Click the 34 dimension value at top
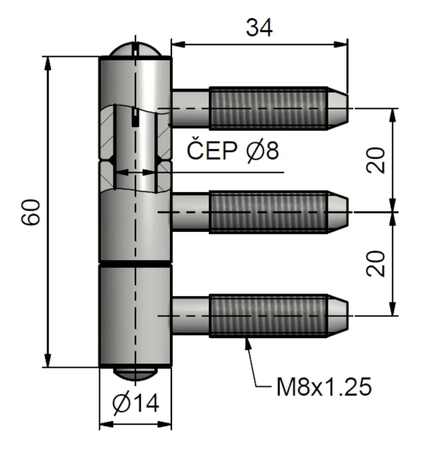tap(259, 27)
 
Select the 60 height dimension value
tap(31, 212)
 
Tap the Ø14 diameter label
tap(135, 402)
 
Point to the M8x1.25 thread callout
tap(323, 387)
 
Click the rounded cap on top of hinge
tap(135, 50)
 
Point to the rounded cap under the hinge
tap(135, 373)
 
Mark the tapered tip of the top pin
tap(338, 108)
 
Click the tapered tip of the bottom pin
tap(338, 316)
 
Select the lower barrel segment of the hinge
tap(135, 316)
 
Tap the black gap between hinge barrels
tap(135, 264)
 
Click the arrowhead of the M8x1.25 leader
tap(247, 342)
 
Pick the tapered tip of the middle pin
tap(338, 212)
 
